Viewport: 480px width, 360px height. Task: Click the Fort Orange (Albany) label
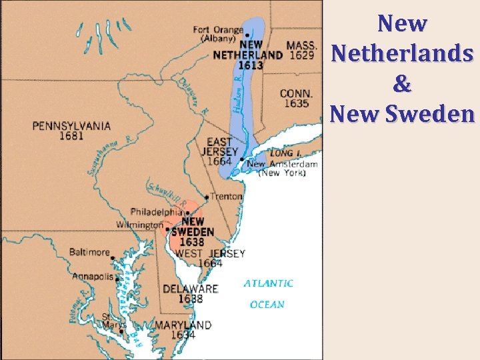pyautogui.click(x=218, y=34)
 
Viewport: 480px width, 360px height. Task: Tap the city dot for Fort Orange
pyautogui.click(x=247, y=35)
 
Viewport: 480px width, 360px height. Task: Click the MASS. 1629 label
pyautogui.click(x=301, y=50)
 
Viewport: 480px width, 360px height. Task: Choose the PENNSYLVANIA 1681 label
pyautogui.click(x=71, y=131)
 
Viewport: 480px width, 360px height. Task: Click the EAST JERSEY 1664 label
pyautogui.click(x=219, y=151)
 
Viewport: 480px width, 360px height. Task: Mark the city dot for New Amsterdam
pyautogui.click(x=241, y=159)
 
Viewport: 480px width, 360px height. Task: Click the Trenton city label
pyautogui.click(x=227, y=197)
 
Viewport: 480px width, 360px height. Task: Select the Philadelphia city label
pyautogui.click(x=156, y=212)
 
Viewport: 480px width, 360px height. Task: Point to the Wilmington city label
pyautogui.click(x=139, y=225)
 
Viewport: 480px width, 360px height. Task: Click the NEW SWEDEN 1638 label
pyautogui.click(x=193, y=231)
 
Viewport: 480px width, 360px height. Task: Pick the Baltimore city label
pyautogui.click(x=89, y=252)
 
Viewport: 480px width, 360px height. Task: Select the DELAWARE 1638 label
pyautogui.click(x=190, y=294)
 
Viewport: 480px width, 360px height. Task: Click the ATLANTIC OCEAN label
pyautogui.click(x=268, y=294)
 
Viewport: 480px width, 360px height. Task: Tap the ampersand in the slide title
pyautogui.click(x=403, y=83)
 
